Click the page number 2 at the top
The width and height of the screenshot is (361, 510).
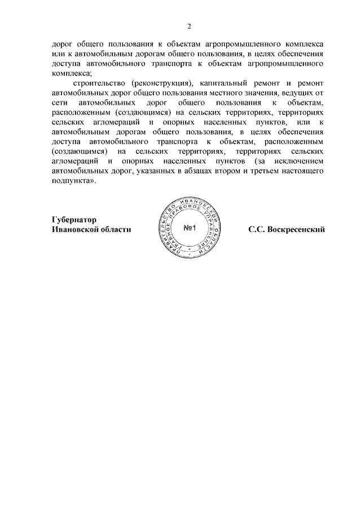[190, 26]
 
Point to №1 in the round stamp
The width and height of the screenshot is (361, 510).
[189, 228]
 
